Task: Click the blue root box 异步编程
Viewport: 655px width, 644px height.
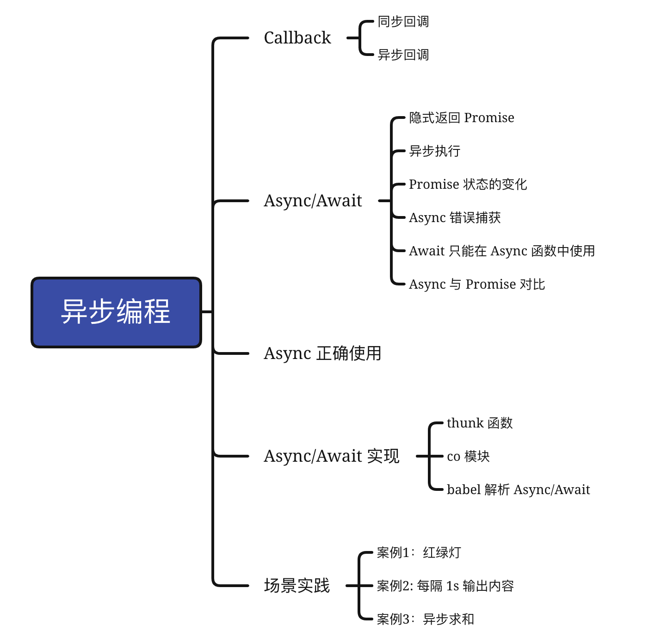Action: (x=116, y=312)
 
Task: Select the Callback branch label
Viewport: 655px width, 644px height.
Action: (x=297, y=38)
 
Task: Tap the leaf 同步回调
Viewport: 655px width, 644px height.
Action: (x=403, y=22)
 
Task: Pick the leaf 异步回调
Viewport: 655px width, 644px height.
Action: (x=403, y=55)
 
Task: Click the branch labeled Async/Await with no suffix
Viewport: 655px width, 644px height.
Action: (x=313, y=201)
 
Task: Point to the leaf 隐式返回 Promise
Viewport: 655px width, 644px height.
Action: (x=461, y=118)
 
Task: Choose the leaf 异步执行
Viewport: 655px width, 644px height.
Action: (x=434, y=151)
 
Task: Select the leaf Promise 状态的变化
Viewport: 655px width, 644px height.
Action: (x=468, y=185)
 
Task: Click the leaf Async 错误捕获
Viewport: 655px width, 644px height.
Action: (x=455, y=218)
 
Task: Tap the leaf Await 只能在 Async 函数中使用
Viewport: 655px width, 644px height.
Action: (x=502, y=251)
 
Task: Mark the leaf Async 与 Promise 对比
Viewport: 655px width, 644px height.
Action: (x=477, y=285)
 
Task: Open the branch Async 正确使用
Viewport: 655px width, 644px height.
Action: (x=322, y=353)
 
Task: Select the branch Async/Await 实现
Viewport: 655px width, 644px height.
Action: (x=331, y=456)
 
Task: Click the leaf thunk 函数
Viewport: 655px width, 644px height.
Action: (x=480, y=423)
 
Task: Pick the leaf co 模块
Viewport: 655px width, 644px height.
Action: (x=468, y=457)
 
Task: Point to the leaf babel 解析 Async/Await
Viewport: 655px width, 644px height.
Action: (x=518, y=490)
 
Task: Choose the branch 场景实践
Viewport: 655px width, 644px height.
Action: (x=297, y=586)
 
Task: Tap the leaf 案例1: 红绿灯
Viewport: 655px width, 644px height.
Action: (x=419, y=553)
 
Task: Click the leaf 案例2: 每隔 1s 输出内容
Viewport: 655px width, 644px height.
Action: (x=445, y=586)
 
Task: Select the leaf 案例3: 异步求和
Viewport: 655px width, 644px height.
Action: (x=425, y=619)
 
